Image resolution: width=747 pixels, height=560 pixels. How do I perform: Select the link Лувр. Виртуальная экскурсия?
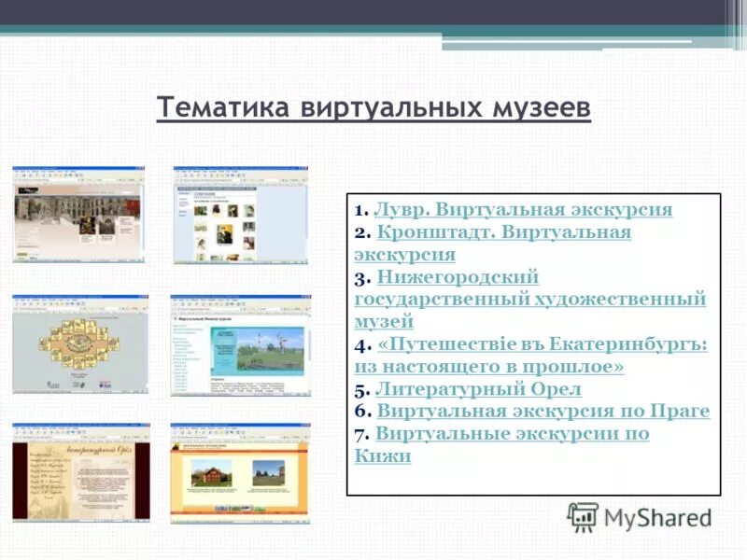[523, 210]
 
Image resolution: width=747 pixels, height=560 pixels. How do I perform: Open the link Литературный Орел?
[478, 389]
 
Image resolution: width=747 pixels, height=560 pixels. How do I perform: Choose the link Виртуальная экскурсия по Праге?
[543, 412]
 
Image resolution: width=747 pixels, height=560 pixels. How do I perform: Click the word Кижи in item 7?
[383, 456]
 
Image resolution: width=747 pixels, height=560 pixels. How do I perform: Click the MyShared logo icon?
[583, 516]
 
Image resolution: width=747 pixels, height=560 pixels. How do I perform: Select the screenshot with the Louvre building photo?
[78, 215]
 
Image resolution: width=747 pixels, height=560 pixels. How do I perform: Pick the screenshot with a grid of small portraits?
[240, 215]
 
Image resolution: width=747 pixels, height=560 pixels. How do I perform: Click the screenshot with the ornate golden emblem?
[78, 343]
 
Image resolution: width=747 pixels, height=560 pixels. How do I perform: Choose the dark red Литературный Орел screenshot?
[80, 471]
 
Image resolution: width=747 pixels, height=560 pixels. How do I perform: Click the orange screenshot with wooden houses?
[240, 471]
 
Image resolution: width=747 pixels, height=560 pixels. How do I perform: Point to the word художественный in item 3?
[619, 300]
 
